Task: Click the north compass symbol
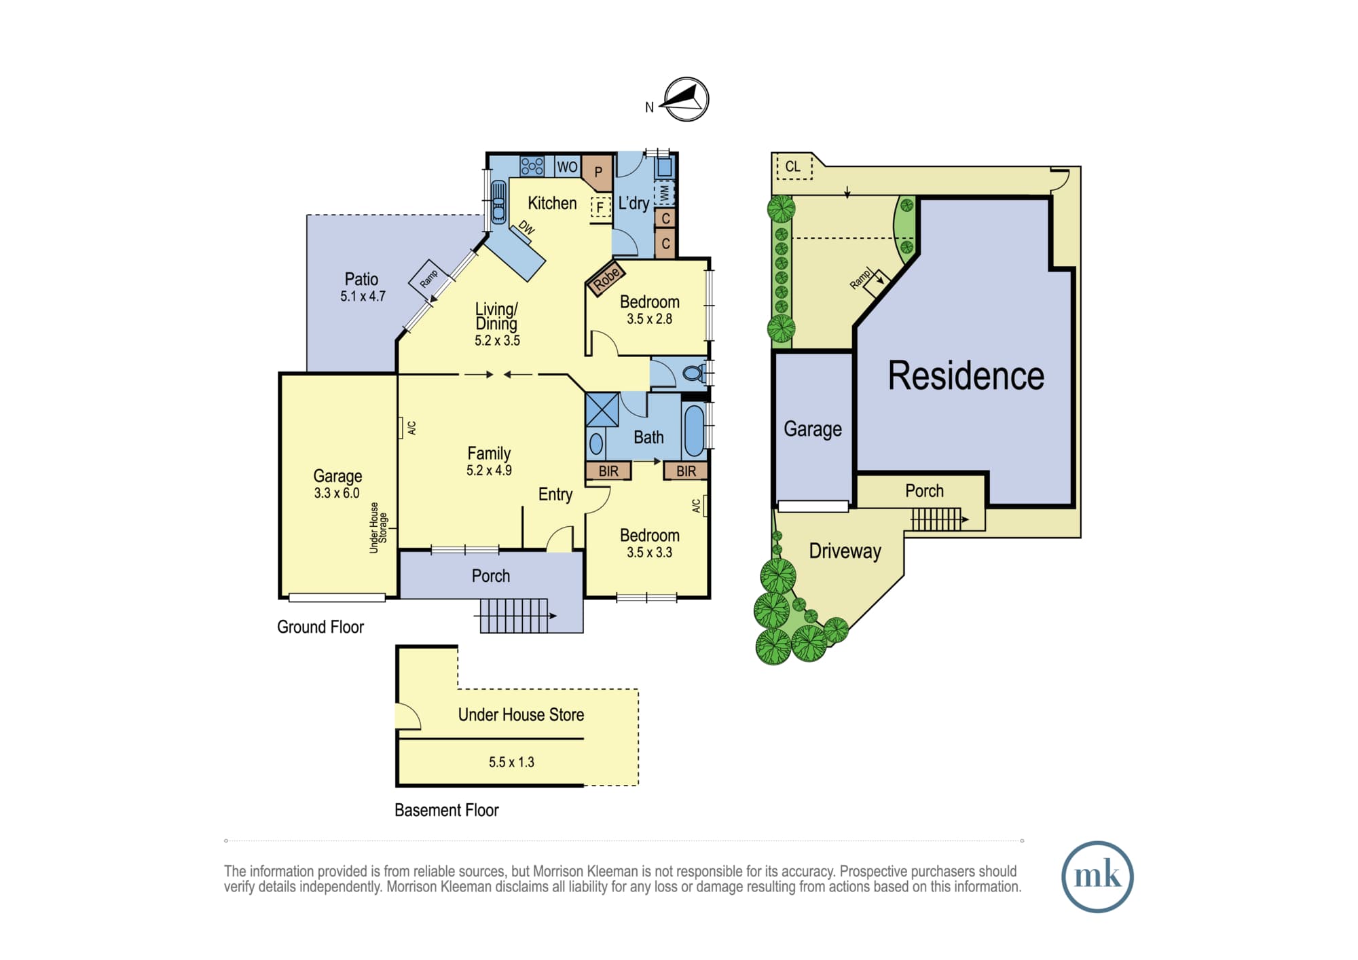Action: (x=686, y=99)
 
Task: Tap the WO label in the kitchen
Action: (x=567, y=167)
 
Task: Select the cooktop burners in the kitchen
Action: (x=532, y=166)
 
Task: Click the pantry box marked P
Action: (x=598, y=172)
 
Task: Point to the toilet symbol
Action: (x=693, y=373)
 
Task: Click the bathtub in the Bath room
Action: (x=694, y=430)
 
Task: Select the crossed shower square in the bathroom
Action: (x=602, y=409)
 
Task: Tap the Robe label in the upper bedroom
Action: (x=606, y=278)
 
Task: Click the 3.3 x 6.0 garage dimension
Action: (x=337, y=493)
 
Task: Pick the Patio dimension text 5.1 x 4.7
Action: (x=363, y=296)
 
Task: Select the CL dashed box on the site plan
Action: (x=794, y=167)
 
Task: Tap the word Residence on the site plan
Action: (x=966, y=375)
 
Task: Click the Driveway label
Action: (x=845, y=551)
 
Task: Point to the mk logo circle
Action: (x=1097, y=877)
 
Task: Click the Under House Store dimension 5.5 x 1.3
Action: (x=511, y=762)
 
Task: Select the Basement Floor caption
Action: (x=447, y=810)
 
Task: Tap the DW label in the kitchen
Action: (x=527, y=227)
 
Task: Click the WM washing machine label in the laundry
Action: (x=664, y=193)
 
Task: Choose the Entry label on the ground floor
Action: (x=555, y=495)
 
